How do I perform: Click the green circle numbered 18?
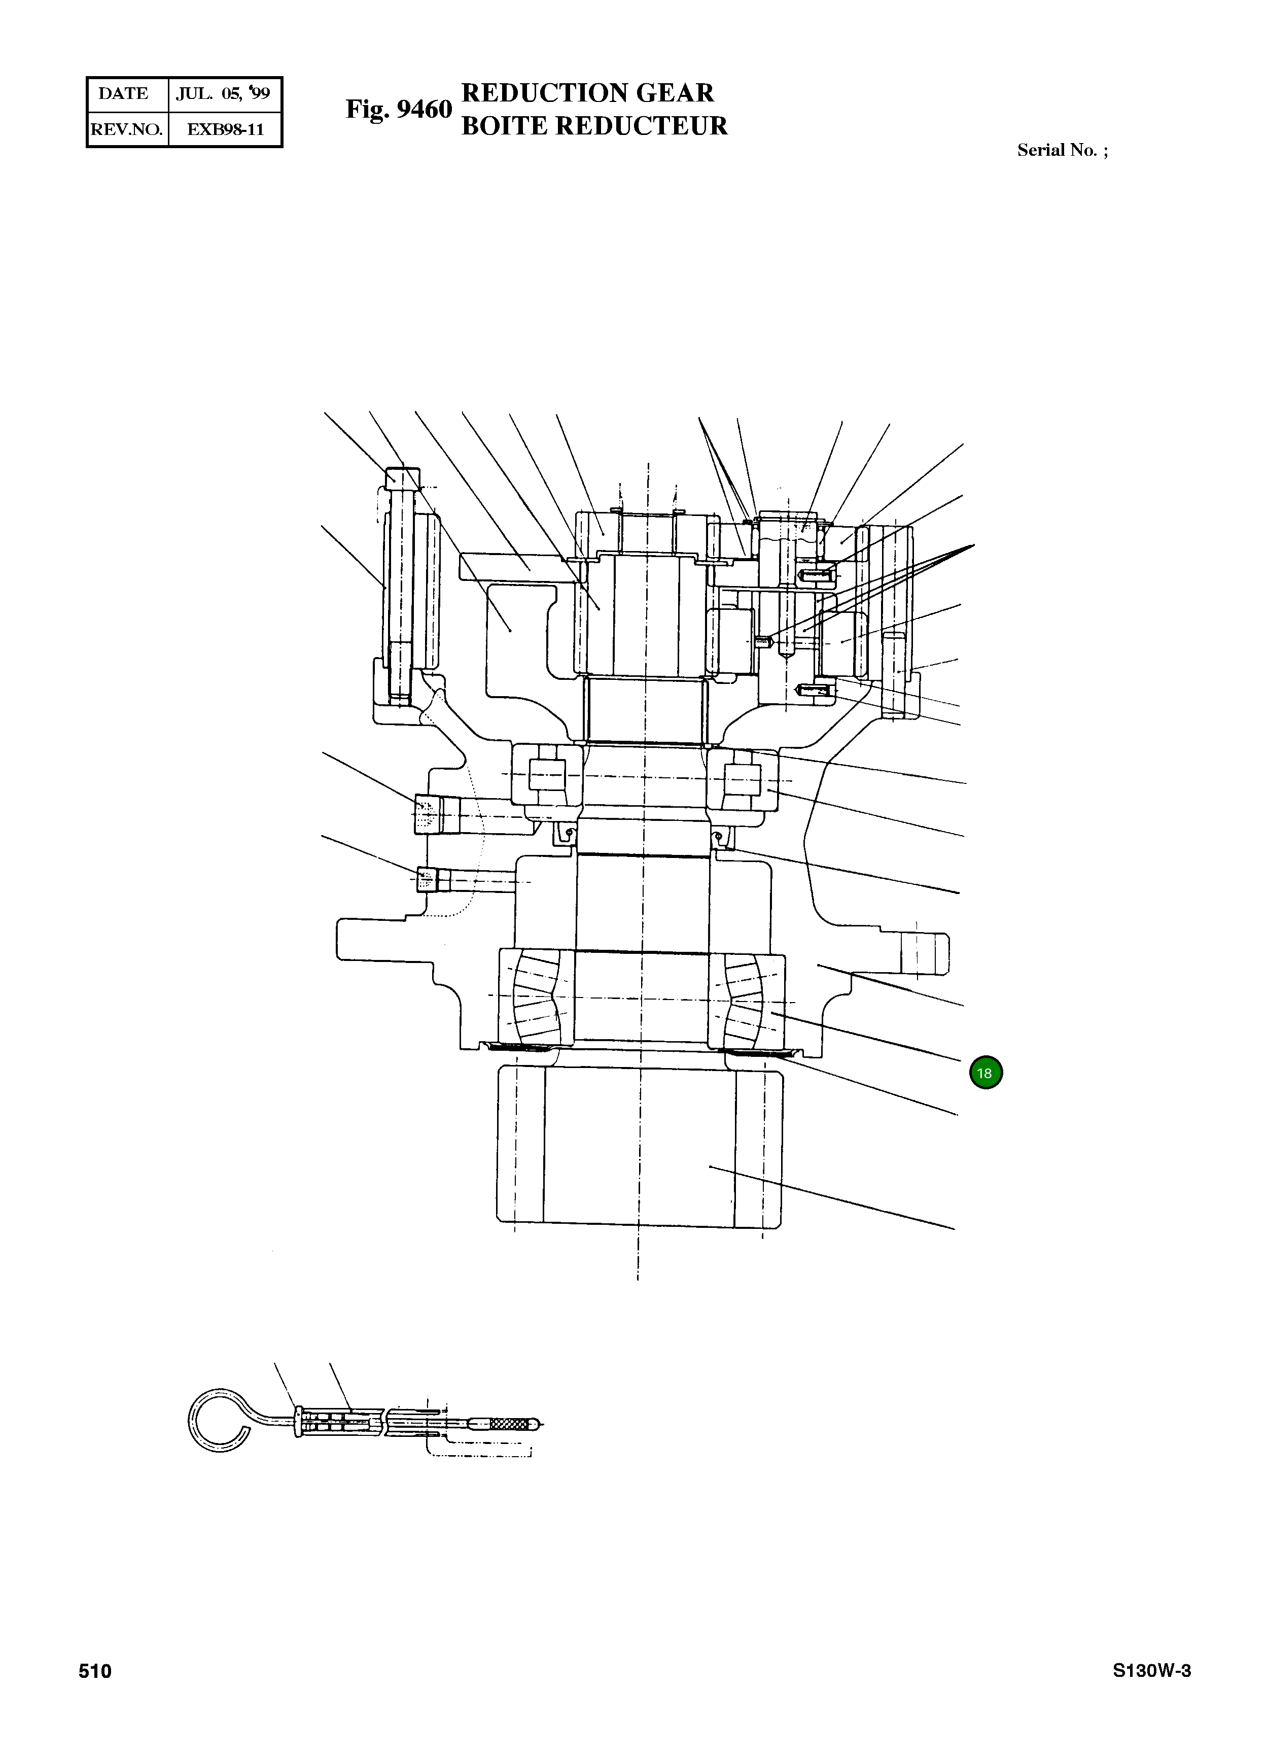(x=985, y=1073)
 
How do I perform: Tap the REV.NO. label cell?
(x=126, y=129)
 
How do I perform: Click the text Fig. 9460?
(x=398, y=110)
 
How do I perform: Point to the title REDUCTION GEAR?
(x=587, y=93)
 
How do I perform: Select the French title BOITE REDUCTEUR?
(x=594, y=126)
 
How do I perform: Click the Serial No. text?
(x=1062, y=151)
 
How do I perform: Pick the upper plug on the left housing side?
(x=427, y=814)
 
